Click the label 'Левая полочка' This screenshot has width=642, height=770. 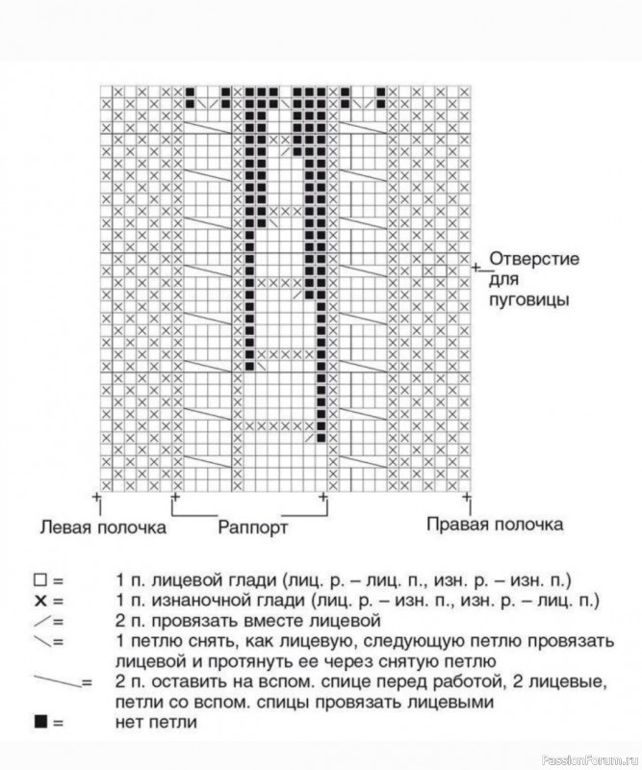[102, 526]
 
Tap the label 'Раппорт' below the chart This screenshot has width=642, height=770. [252, 527]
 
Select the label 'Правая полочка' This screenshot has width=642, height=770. [495, 525]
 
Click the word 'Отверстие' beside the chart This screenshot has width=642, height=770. [532, 260]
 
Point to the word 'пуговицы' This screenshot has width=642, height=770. [530, 299]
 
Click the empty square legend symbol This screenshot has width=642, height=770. [40, 580]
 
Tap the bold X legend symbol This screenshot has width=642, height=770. [39, 601]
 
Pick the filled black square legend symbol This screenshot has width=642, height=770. [40, 721]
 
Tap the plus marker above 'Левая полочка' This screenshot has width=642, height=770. [96, 497]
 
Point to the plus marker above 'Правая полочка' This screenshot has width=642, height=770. [467, 497]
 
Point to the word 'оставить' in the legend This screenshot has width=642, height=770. [174, 681]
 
